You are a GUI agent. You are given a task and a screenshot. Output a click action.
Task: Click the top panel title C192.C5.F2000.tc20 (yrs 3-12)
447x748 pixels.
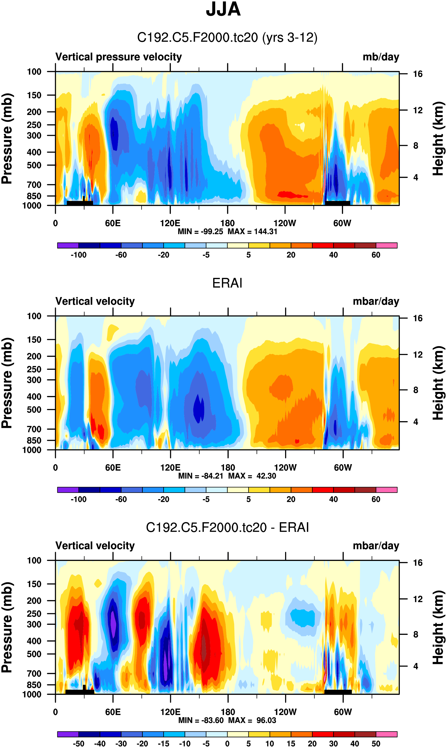coord(227,38)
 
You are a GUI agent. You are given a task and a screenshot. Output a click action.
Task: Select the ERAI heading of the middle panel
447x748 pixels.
coord(227,283)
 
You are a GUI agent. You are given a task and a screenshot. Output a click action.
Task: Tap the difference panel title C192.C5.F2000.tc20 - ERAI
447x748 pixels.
coord(227,527)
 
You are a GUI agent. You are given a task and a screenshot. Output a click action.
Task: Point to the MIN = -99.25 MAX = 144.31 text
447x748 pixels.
coord(227,232)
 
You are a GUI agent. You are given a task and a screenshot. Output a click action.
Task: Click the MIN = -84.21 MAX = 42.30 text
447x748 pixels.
coord(227,476)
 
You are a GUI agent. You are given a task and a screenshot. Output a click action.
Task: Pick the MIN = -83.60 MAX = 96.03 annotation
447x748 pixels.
coord(227,720)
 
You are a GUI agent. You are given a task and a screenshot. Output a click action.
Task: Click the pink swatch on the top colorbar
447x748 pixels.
coord(386,245)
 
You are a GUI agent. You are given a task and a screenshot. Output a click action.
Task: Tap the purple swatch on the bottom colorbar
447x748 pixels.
coord(68,734)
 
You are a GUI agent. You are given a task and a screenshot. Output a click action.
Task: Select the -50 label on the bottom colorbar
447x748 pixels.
coord(78,743)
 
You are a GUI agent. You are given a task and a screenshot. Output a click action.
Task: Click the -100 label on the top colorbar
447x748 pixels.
coord(78,255)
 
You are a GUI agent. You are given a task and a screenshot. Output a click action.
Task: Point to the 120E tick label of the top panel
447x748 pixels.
coord(170,223)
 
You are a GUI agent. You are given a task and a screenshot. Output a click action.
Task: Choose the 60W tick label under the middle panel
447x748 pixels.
coord(343,468)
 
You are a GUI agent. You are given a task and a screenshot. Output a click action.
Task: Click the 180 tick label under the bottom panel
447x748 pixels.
coord(228,712)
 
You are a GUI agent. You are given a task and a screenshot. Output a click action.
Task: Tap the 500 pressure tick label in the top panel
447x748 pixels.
coord(34,165)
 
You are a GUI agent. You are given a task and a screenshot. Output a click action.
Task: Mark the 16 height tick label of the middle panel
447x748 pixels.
coord(418,318)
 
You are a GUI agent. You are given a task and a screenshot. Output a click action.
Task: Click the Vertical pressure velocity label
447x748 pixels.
coord(118,57)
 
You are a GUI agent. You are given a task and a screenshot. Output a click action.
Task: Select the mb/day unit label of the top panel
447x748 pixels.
coord(381,57)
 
